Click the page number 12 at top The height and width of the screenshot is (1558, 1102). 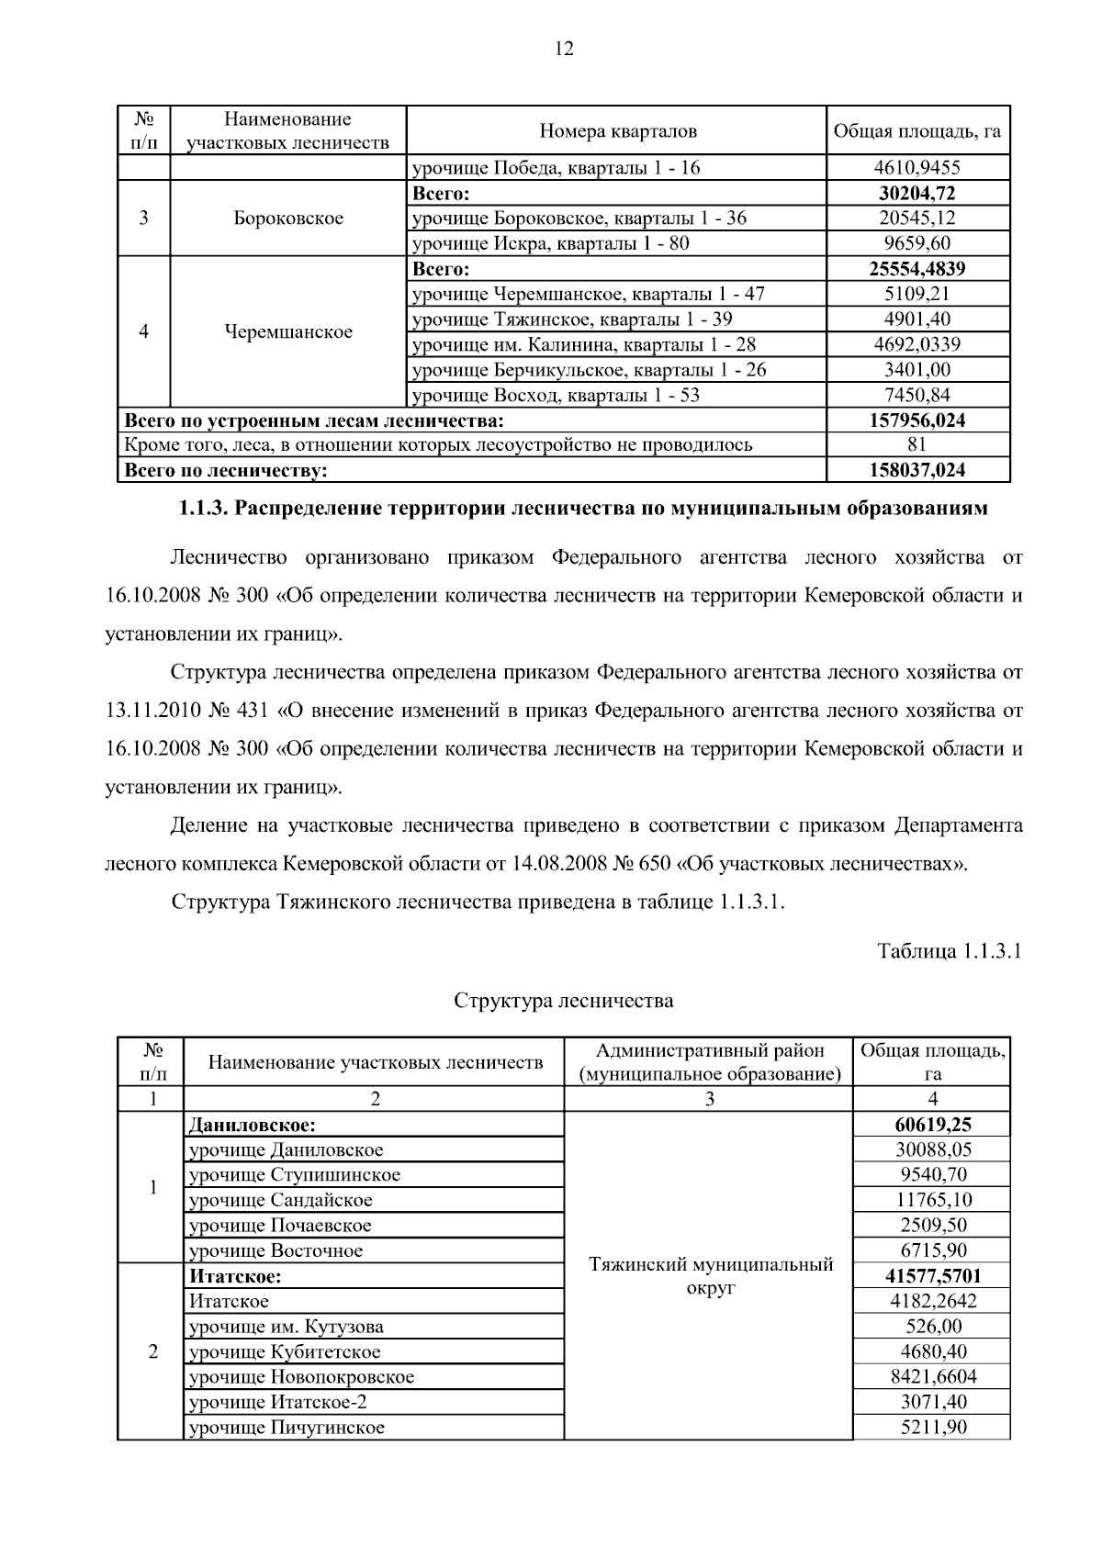(x=564, y=50)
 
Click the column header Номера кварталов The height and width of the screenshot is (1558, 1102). (x=617, y=130)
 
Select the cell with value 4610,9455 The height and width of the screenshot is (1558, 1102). (x=917, y=167)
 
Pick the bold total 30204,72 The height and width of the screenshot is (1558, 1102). (x=917, y=193)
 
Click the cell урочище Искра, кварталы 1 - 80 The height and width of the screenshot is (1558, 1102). (x=551, y=243)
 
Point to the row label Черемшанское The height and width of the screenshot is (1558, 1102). (x=288, y=332)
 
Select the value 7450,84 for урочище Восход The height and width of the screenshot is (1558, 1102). (x=917, y=396)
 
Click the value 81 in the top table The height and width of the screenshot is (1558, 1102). (x=917, y=445)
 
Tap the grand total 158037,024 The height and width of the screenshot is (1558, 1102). (x=917, y=471)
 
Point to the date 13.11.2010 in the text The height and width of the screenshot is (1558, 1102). (x=152, y=711)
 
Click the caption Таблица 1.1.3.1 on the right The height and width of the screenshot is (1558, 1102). (x=949, y=951)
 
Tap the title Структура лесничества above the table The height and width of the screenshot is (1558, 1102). (x=563, y=1001)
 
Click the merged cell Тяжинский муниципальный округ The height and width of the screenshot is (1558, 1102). (x=710, y=1276)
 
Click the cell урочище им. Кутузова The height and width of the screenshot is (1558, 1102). (x=287, y=1327)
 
